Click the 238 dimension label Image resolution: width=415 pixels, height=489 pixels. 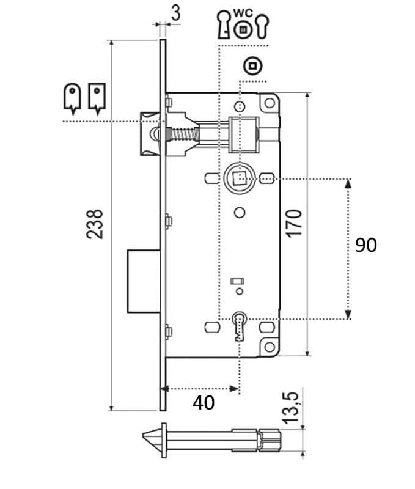tap(95, 224)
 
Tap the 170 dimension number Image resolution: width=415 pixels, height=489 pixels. tap(295, 224)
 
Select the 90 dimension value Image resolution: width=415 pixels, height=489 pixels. tap(366, 245)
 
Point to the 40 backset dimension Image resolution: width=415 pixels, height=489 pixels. tap(204, 403)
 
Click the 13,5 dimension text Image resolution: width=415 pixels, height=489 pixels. tap(290, 408)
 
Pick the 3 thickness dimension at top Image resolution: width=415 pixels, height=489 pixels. tap(176, 14)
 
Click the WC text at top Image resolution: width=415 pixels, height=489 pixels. tap(243, 13)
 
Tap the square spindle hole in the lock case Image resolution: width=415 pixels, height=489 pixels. tap(239, 178)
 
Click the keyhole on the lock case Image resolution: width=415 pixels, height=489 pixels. tap(239, 326)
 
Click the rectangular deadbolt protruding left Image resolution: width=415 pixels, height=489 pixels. tap(144, 281)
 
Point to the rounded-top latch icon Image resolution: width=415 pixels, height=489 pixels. tap(72, 98)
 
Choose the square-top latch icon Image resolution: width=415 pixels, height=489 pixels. tap(97, 98)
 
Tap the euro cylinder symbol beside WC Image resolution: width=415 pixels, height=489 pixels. tap(262, 26)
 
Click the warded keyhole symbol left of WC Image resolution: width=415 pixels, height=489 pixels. tap(224, 24)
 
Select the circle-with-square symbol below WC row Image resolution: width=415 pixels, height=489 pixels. tap(252, 66)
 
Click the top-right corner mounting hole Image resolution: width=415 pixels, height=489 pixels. tap(270, 103)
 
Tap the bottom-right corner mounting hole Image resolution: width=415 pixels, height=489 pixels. tap(270, 347)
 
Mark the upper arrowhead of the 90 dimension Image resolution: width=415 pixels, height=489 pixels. tap(348, 183)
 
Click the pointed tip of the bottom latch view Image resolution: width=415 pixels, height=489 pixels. tap(143, 435)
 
